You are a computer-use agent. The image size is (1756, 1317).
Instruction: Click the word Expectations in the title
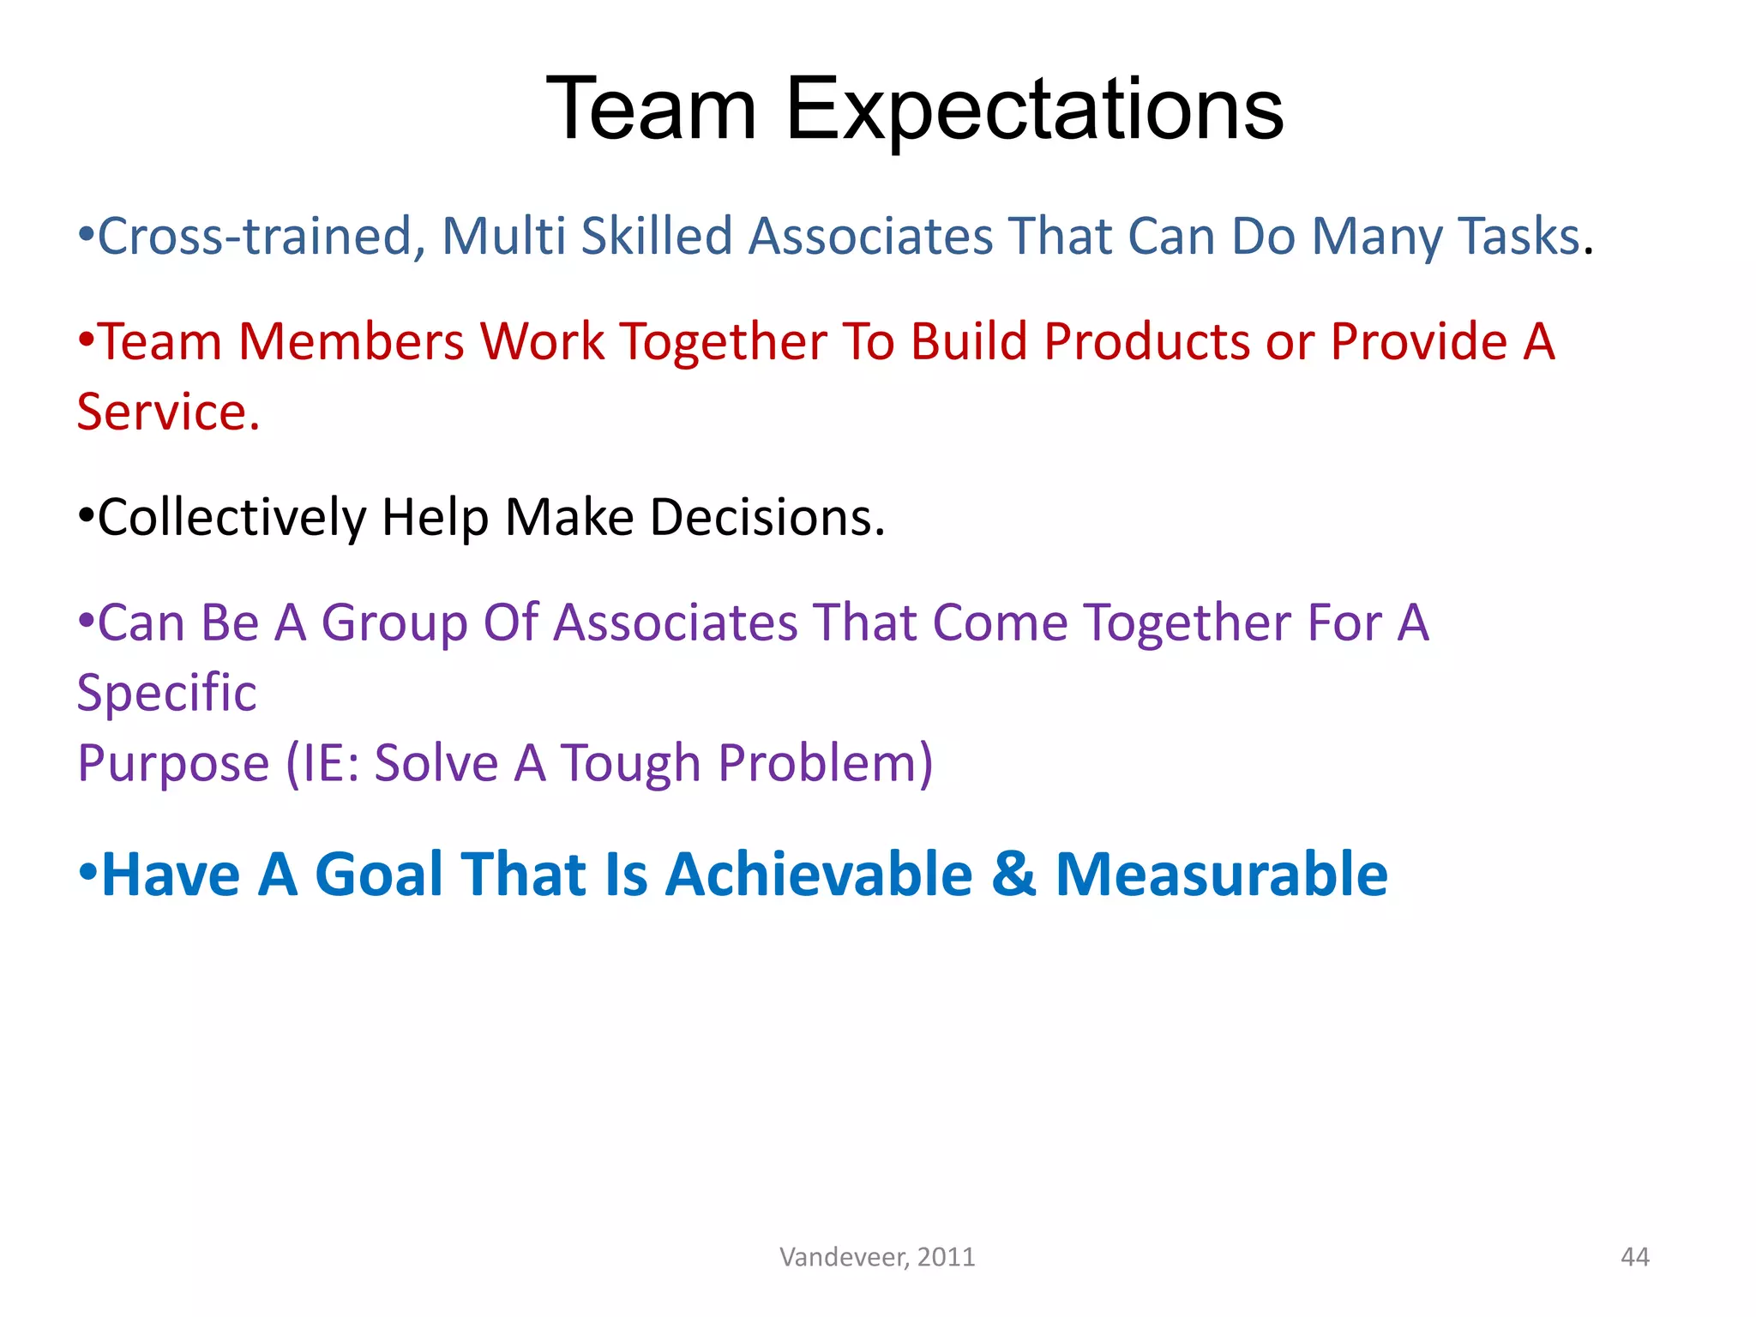(1034, 110)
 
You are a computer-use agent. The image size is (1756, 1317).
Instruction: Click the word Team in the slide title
(652, 110)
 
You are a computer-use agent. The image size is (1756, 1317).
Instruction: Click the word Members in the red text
(351, 341)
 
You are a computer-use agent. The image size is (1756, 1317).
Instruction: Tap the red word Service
(167, 412)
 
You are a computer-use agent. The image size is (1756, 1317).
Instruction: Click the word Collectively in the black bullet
(232, 517)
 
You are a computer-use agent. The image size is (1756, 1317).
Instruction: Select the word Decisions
(767, 517)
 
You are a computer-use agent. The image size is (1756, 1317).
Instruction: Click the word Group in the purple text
(394, 622)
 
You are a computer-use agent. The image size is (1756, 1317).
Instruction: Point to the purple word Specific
(166, 693)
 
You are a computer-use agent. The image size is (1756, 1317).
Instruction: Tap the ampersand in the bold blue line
(1013, 875)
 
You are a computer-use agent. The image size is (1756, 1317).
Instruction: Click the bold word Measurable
(1221, 875)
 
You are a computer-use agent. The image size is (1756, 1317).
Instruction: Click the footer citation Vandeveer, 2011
(877, 1257)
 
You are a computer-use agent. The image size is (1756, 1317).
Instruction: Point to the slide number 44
(1634, 1257)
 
